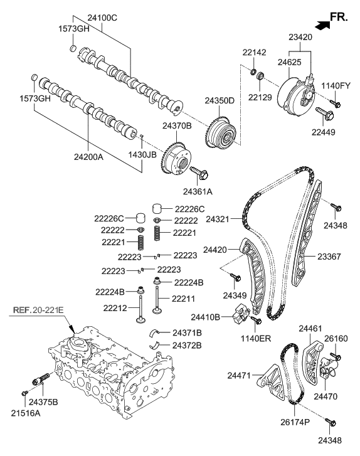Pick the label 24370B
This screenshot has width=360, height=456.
point(177,126)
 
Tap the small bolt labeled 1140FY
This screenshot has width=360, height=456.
point(333,103)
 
